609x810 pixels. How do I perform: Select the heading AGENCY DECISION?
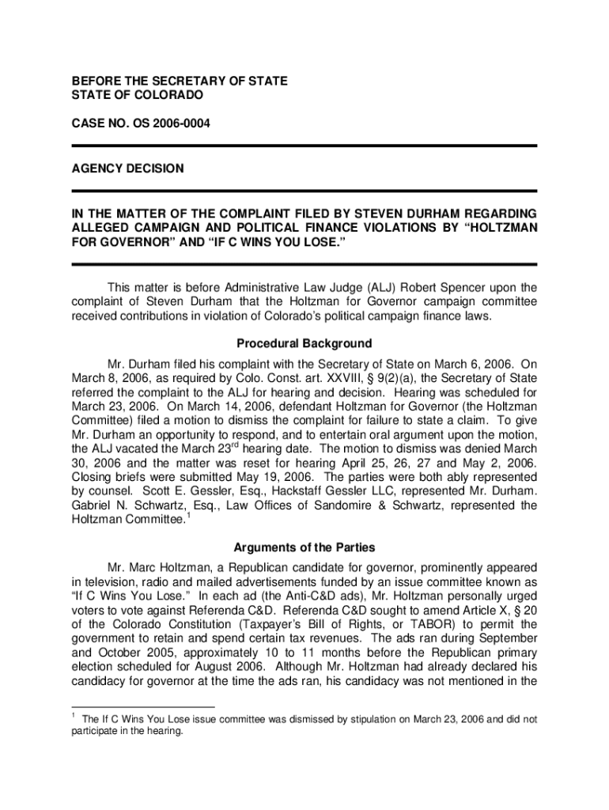tap(128, 168)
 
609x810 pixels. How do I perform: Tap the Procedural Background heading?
tap(304, 344)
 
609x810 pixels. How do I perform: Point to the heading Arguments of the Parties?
tap(304, 547)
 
